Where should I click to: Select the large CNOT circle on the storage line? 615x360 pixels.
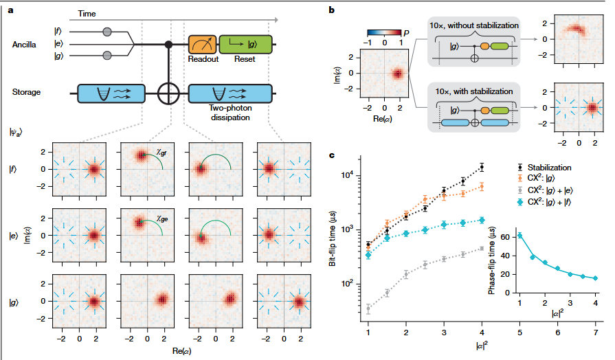click(x=167, y=93)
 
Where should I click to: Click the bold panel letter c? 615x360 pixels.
click(x=333, y=155)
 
